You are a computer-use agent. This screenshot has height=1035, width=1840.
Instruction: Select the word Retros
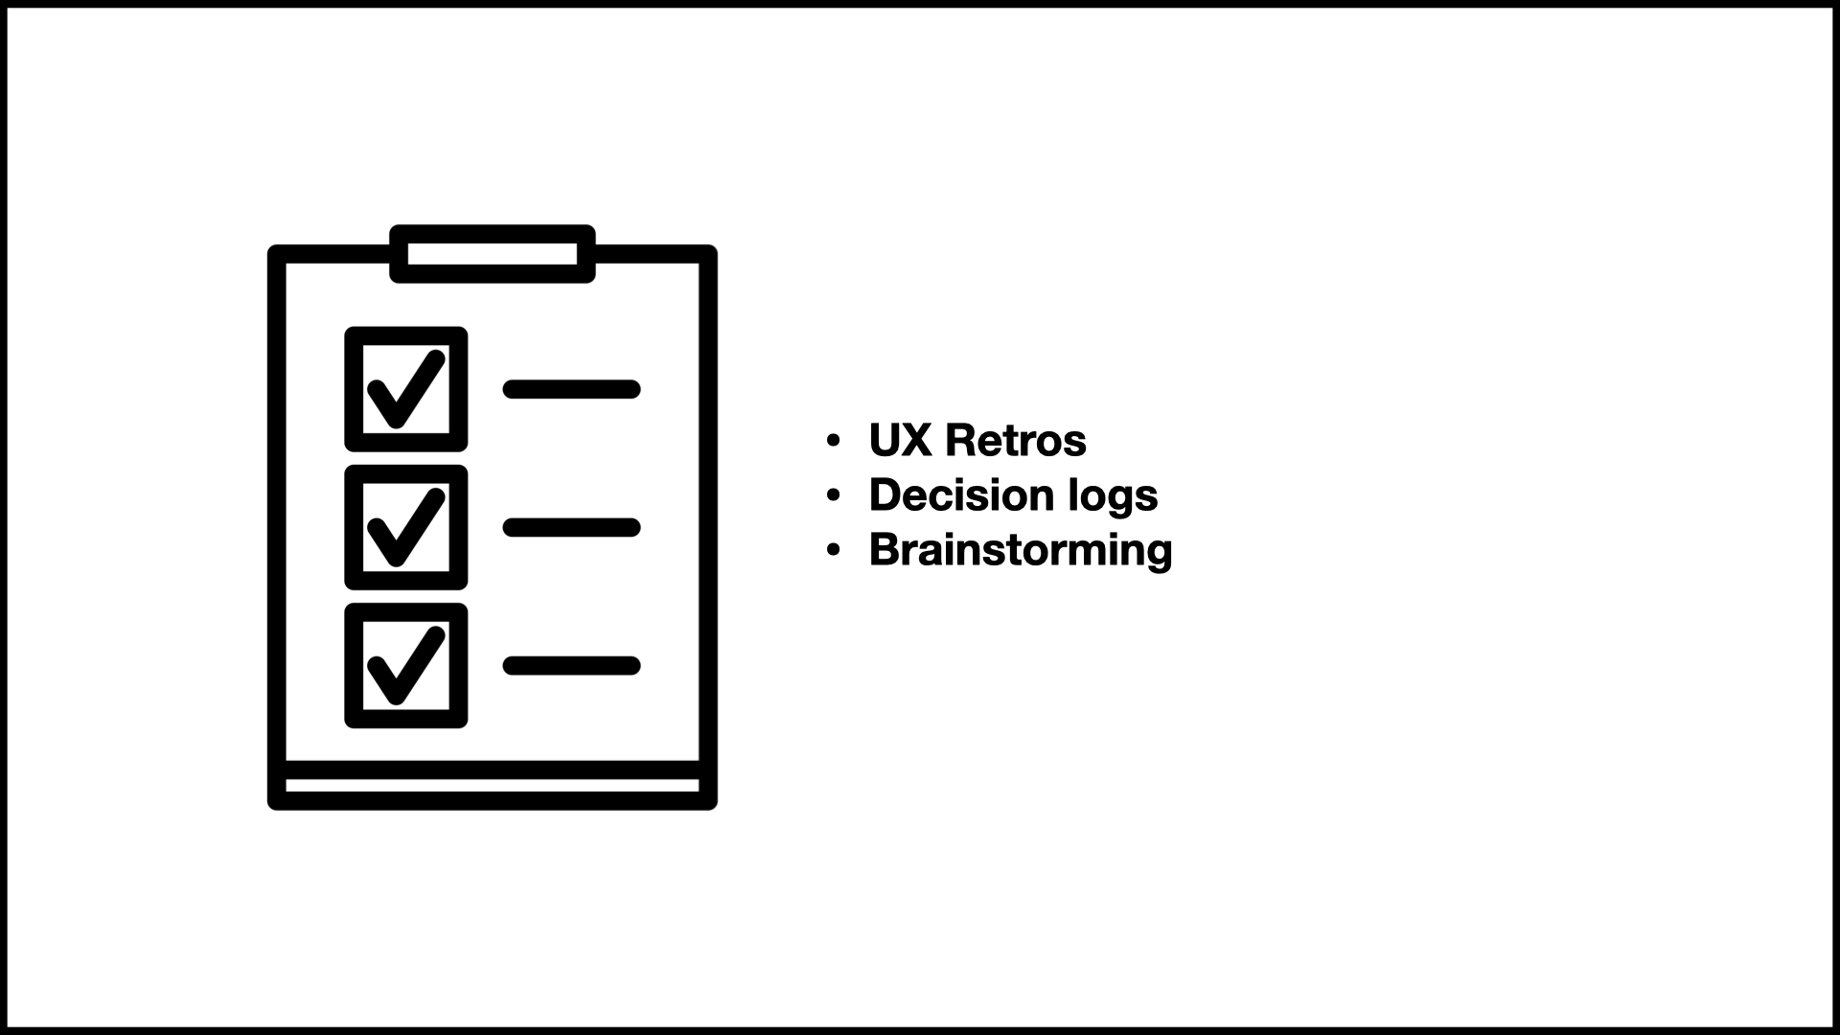click(1016, 441)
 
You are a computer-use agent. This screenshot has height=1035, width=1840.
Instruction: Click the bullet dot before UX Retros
click(833, 442)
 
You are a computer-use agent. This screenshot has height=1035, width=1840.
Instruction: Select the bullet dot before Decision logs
click(833, 496)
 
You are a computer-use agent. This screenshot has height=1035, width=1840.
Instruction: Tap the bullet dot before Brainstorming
click(833, 551)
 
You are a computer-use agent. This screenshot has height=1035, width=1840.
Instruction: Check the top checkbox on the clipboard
click(406, 389)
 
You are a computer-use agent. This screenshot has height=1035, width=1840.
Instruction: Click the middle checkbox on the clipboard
click(406, 527)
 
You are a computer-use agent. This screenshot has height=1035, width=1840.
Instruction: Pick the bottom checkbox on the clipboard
click(406, 665)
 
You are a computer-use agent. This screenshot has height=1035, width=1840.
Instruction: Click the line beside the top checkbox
click(571, 389)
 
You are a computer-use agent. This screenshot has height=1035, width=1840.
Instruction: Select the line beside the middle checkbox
click(571, 527)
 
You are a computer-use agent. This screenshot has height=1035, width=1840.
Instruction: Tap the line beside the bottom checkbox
click(571, 665)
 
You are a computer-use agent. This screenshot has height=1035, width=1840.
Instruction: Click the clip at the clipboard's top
click(493, 254)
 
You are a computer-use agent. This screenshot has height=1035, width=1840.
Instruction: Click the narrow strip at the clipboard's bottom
click(493, 786)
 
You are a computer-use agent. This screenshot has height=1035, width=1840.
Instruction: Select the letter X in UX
click(915, 441)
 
